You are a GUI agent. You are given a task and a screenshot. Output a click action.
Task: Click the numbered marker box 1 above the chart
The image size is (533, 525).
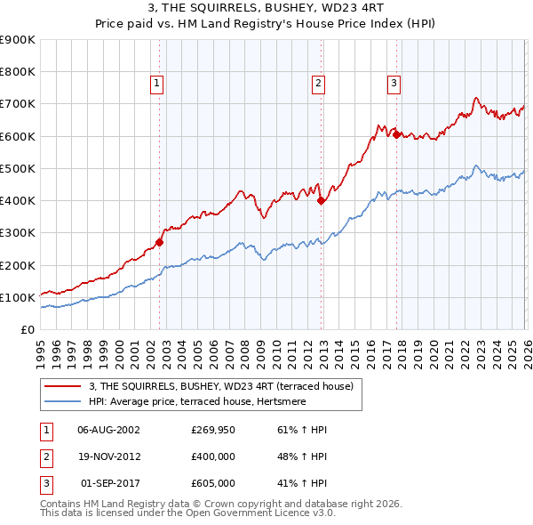pos(156,85)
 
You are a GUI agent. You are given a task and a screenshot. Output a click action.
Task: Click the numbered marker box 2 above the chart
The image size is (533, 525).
pos(318,85)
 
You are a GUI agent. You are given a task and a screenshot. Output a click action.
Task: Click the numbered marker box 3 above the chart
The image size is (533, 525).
pos(394,85)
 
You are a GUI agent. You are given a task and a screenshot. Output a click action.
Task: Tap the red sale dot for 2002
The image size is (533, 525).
pos(160,242)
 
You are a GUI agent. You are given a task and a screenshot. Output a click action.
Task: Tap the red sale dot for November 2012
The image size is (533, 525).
pos(322,200)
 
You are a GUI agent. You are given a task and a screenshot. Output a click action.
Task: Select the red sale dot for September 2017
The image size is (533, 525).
pos(396,134)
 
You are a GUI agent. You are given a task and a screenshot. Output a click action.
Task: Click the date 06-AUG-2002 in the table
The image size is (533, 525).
pos(108,430)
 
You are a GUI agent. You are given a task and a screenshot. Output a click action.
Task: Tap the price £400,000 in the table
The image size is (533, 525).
pos(212,456)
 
